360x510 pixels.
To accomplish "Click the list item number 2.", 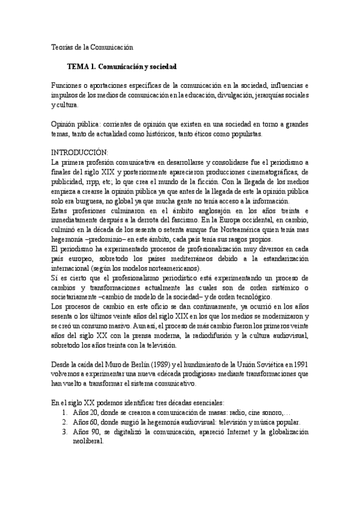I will point(64,423).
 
